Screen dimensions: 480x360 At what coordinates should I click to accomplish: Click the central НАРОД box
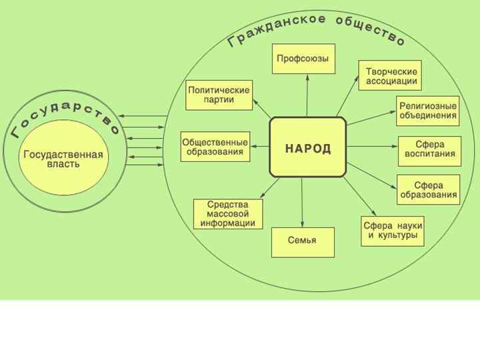tap(307, 147)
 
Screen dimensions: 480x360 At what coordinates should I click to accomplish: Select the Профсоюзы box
tap(303, 59)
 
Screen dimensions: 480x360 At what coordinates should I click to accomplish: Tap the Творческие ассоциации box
tap(391, 77)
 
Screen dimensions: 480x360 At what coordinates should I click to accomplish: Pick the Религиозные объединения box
tap(428, 110)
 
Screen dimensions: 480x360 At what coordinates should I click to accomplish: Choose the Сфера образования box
tap(429, 189)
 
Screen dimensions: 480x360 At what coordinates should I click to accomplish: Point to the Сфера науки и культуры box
tap(393, 231)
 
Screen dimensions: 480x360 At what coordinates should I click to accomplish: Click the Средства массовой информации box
tap(228, 214)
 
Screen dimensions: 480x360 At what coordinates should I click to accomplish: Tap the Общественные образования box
tap(215, 147)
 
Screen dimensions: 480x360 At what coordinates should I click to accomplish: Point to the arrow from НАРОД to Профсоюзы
tap(307, 97)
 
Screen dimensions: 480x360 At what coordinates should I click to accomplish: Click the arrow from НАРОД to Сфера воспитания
tap(371, 146)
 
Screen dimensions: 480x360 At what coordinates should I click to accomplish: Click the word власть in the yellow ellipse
tap(63, 164)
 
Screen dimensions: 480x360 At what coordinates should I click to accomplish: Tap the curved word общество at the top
tap(371, 31)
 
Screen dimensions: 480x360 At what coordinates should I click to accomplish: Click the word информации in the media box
tap(228, 223)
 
